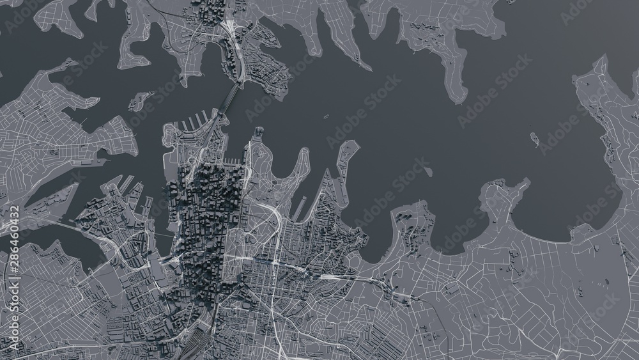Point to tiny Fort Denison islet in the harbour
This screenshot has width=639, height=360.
click(325, 117)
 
